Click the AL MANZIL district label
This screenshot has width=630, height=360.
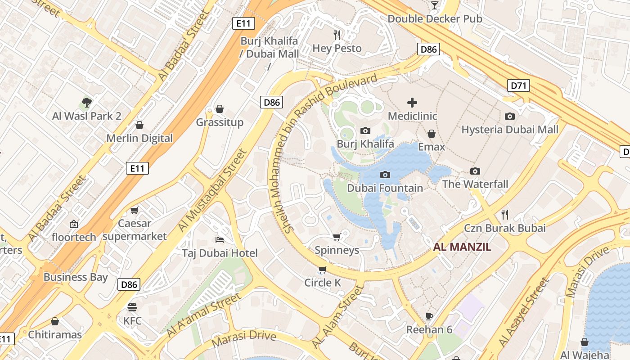pos(462,247)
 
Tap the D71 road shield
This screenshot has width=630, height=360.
pos(518,85)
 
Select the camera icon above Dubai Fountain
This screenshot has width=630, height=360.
pos(385,175)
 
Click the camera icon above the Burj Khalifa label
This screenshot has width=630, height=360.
pos(365,131)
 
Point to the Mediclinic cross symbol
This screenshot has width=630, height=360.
pos(412,103)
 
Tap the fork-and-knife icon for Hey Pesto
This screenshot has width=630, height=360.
pos(337,35)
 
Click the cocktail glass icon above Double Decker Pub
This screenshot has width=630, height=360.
pos(434,5)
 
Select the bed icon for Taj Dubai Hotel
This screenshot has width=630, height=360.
pos(220,239)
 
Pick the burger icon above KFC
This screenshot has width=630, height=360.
pos(132,307)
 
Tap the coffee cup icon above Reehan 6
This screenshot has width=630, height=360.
pos(429,316)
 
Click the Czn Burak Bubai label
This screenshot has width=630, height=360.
pos(505,228)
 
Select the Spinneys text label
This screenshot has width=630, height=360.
pos(337,250)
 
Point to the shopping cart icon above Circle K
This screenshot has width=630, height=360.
pos(322,270)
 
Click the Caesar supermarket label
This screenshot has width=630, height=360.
pos(135,229)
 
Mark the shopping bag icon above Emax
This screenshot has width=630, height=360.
pos(432,134)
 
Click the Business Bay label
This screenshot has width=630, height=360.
pos(76,277)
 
